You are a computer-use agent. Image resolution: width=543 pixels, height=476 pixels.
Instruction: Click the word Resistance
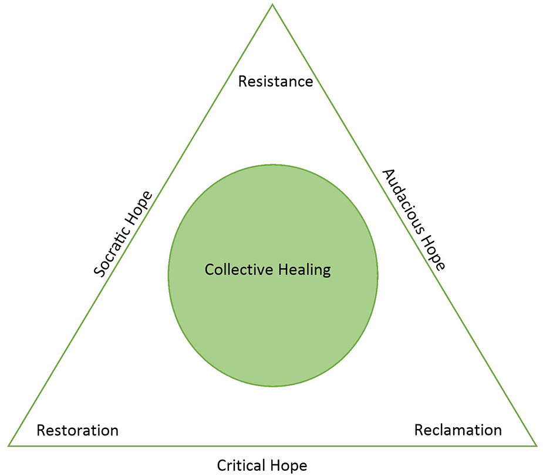tap(275, 81)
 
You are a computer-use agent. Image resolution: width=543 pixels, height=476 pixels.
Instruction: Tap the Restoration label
tap(77, 431)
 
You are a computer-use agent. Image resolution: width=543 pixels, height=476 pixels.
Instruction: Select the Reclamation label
tap(458, 430)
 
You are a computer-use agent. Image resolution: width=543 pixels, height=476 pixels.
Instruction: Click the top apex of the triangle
tap(272, 5)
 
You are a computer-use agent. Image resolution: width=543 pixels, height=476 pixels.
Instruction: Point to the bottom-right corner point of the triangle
tap(536, 445)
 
